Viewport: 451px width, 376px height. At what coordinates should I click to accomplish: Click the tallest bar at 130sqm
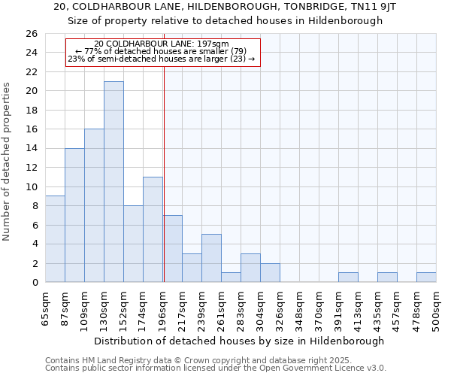tap(114, 182)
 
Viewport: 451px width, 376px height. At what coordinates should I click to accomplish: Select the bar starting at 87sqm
tap(74, 215)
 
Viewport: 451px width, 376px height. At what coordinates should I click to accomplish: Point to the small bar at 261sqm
tap(231, 277)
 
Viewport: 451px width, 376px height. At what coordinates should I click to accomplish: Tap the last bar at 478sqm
tap(426, 277)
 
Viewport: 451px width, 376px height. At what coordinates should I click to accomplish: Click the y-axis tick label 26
tap(31, 34)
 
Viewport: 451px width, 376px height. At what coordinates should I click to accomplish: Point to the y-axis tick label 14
tap(31, 149)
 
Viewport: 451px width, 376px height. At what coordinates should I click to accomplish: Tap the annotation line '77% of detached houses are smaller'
tap(162, 51)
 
